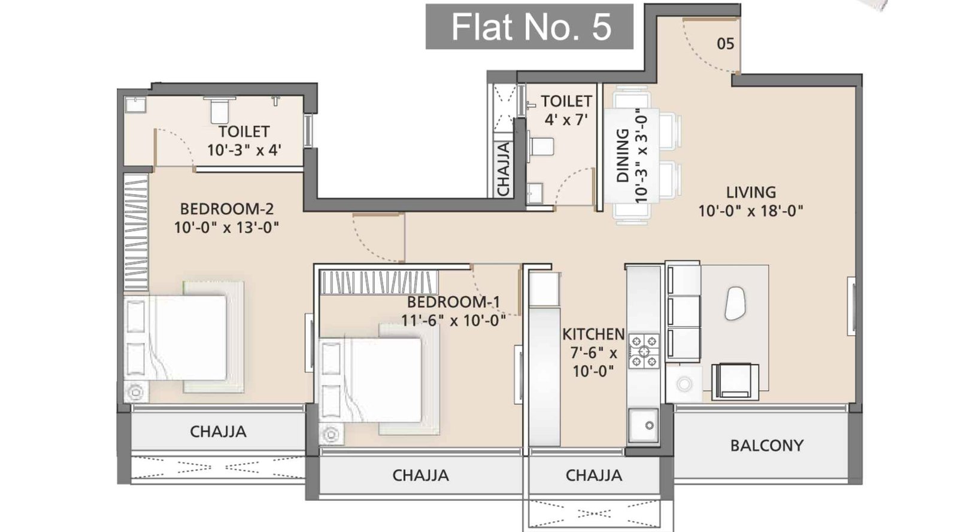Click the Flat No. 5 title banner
(529, 27)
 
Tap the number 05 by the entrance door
(725, 44)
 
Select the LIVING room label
(751, 193)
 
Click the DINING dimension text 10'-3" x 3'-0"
(641, 156)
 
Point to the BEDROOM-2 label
(226, 209)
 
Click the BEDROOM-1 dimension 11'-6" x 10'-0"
(453, 321)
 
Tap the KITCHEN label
(593, 334)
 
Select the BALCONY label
(766, 445)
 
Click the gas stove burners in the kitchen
(644, 351)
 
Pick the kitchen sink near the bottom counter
(644, 425)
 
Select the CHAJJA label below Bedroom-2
(218, 431)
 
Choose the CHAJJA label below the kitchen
(593, 476)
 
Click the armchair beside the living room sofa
(735, 381)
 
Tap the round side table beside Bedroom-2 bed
(136, 393)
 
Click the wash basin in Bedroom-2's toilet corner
(135, 104)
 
